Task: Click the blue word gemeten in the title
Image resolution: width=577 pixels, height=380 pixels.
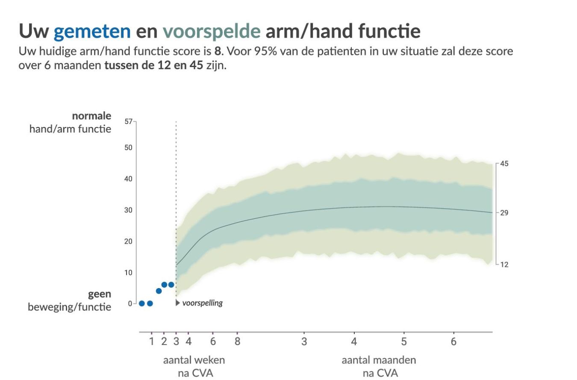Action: (92, 31)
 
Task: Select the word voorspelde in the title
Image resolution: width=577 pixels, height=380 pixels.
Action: (212, 31)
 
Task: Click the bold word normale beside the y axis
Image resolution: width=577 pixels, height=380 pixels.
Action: (91, 116)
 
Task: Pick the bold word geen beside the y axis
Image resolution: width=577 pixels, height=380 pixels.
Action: (100, 294)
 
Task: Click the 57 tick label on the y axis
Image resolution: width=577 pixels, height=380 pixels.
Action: (128, 121)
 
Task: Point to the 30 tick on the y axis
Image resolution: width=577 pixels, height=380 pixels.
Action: (128, 210)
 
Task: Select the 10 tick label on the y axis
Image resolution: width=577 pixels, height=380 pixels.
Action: (128, 273)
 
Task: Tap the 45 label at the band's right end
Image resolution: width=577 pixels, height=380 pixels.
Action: (504, 164)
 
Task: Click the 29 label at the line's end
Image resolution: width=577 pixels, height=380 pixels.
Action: (504, 213)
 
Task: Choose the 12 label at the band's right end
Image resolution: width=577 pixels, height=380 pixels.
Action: (504, 265)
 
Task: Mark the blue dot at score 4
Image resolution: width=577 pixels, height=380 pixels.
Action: (159, 291)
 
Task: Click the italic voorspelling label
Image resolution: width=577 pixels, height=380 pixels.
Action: (202, 303)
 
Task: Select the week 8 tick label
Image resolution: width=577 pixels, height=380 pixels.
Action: (237, 342)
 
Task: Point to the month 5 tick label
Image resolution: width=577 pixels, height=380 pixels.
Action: (404, 342)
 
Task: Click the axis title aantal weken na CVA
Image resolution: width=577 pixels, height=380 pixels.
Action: (194, 366)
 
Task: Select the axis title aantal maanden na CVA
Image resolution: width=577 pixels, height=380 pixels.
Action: (379, 366)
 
